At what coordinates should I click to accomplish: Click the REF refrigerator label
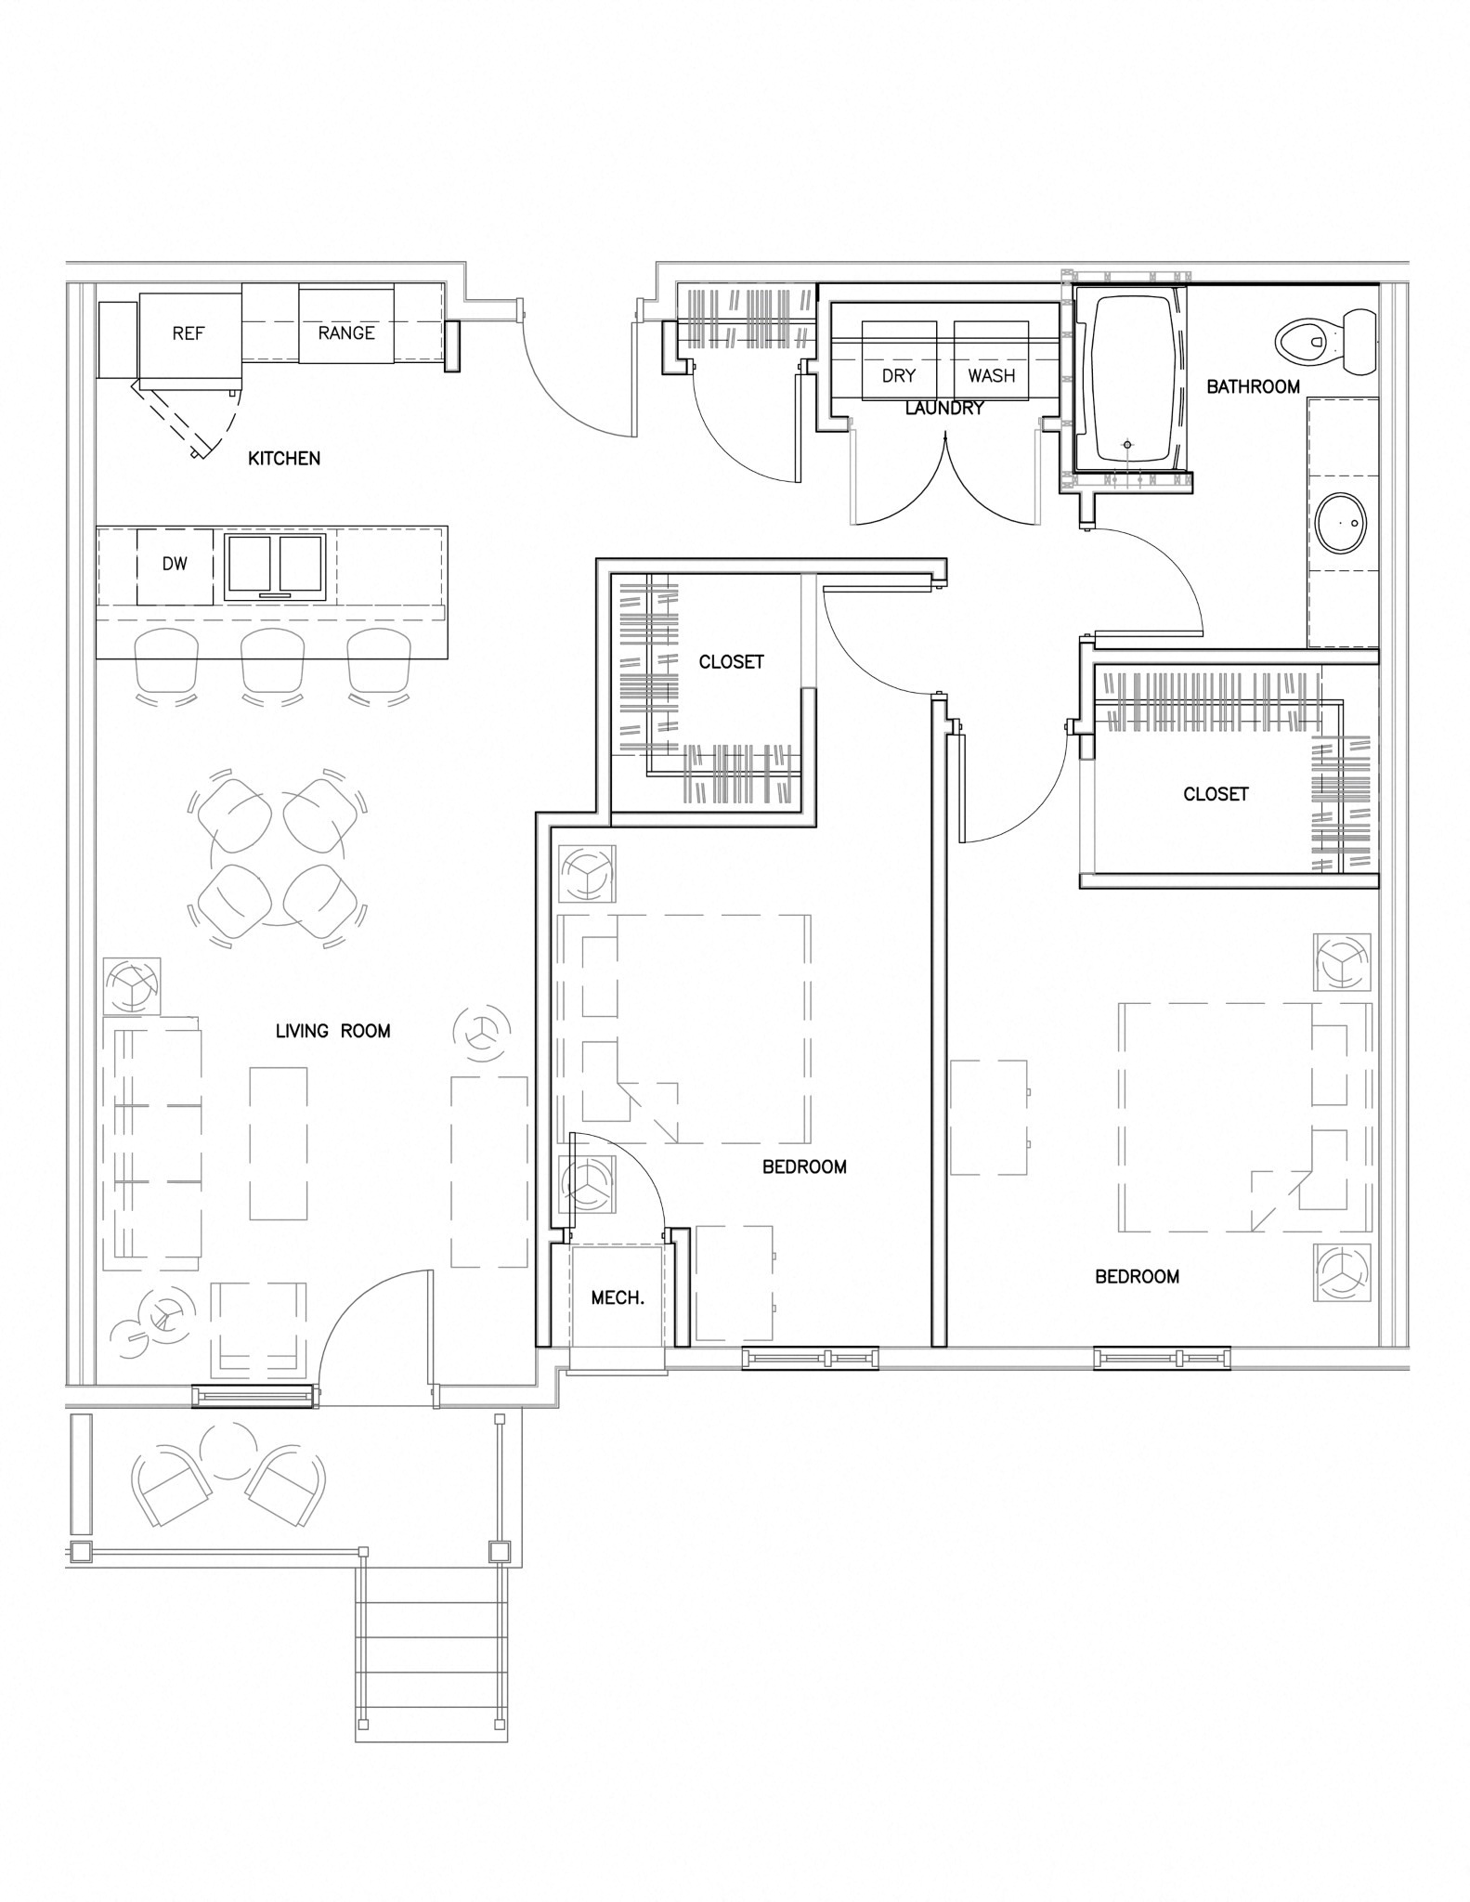coord(189,333)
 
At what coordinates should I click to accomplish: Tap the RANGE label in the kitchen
coord(346,333)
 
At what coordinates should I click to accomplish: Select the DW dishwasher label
coord(175,564)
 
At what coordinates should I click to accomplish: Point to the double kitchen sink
coord(276,566)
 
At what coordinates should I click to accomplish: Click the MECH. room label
coord(618,1298)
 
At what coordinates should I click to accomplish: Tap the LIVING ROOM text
coord(332,1031)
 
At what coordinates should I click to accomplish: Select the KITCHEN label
coord(284,458)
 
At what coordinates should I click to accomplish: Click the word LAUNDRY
coord(944,408)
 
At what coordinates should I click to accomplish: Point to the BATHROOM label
coord(1253,386)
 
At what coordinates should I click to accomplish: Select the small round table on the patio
coord(228,1452)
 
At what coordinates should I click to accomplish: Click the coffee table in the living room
coord(279,1143)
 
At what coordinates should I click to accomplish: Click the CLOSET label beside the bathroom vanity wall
coord(1216,794)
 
